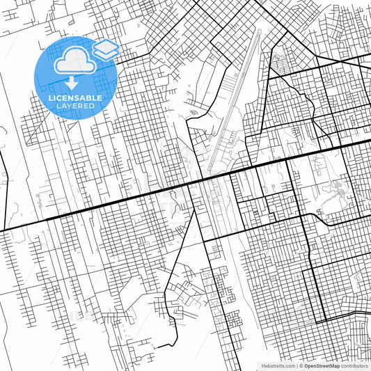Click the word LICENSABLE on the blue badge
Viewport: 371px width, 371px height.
click(75, 98)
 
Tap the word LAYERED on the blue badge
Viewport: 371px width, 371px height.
click(75, 106)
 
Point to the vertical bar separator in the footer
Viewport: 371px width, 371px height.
click(297, 365)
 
